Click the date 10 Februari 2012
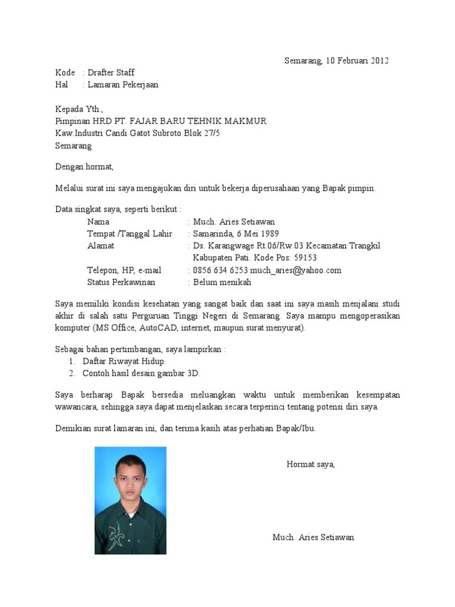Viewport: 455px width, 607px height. [x=354, y=60]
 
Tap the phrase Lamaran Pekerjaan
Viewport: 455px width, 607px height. [x=123, y=85]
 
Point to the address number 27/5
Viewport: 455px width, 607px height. [x=211, y=133]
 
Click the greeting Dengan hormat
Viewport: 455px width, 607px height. [x=84, y=167]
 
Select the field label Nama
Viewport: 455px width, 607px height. [x=98, y=222]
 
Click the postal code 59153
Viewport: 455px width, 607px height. [x=305, y=258]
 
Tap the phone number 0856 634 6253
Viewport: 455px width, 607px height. [x=220, y=270]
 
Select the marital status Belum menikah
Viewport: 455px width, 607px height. [x=222, y=282]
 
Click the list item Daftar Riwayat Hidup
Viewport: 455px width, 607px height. [x=124, y=361]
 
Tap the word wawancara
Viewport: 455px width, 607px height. [x=76, y=407]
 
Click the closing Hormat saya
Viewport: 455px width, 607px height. [x=310, y=464]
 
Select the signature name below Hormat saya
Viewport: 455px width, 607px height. [x=313, y=538]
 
